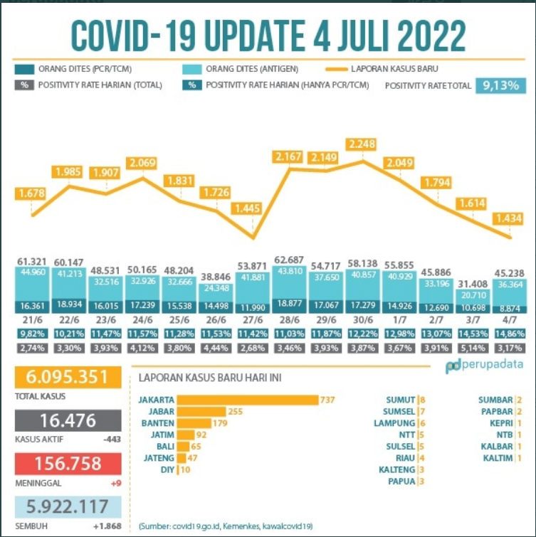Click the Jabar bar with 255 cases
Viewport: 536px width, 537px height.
coord(201,411)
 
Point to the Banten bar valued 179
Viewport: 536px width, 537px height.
coord(193,423)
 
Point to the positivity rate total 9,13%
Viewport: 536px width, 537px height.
coord(502,85)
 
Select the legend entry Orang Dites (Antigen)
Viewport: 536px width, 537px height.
coord(251,69)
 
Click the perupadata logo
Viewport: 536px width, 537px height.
coord(484,366)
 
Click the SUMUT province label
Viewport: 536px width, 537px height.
coord(401,400)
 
